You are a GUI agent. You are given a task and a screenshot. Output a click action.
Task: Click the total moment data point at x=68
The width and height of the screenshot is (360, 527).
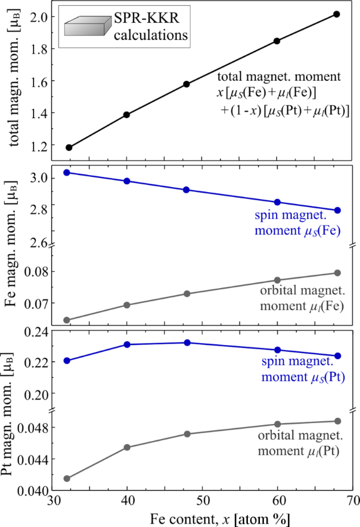(x=337, y=14)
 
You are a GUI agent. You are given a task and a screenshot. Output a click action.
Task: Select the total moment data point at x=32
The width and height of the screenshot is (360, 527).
(x=69, y=147)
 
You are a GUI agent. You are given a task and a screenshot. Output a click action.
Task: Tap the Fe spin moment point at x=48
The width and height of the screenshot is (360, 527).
(x=187, y=190)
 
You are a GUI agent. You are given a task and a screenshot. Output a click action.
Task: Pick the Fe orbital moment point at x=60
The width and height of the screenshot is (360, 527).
(x=278, y=280)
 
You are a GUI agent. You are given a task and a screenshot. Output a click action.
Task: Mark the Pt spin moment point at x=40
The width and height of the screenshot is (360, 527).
(x=127, y=345)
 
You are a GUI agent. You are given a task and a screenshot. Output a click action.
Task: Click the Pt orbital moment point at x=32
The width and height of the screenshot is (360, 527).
(x=67, y=478)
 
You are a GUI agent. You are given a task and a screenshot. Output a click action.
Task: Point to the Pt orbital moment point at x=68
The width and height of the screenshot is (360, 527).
(x=337, y=421)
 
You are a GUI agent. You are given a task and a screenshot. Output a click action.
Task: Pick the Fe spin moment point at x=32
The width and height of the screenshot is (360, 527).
(x=67, y=172)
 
